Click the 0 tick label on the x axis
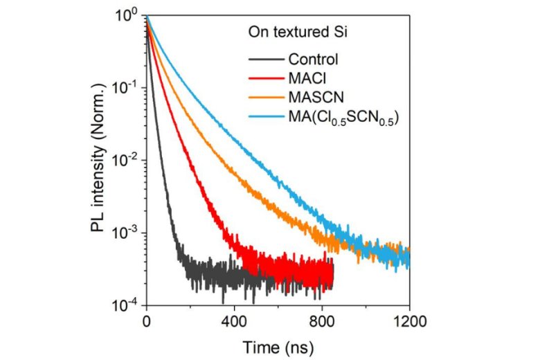coord(146,321)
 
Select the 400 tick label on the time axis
coord(234,321)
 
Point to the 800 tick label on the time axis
coord(322,321)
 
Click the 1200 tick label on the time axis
coord(410,321)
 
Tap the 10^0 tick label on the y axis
coord(129,15)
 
